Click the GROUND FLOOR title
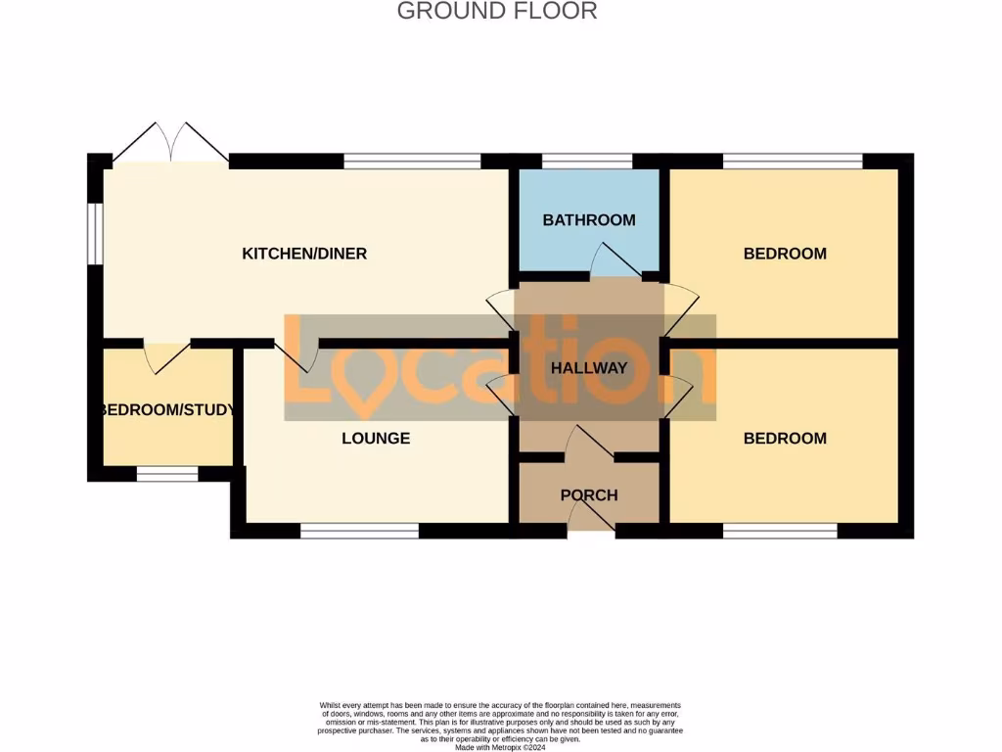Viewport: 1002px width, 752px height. (496, 12)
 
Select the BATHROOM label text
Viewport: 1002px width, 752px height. (589, 220)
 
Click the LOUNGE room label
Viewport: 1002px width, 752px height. (376, 438)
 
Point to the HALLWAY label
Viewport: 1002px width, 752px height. (588, 368)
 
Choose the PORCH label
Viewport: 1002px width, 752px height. (589, 495)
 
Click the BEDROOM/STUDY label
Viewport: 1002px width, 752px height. (168, 409)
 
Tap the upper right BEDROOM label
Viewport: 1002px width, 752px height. (785, 254)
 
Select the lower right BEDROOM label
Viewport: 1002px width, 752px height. (785, 438)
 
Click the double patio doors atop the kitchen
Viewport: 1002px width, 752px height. (171, 145)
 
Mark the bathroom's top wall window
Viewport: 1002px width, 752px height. (587, 161)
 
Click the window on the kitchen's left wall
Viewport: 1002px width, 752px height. (94, 233)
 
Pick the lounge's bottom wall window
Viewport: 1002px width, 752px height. (359, 531)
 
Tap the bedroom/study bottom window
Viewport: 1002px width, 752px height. (166, 474)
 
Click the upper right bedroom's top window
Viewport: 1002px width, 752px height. (793, 161)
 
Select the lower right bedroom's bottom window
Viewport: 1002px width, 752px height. (780, 531)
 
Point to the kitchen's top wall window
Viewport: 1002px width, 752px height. (412, 161)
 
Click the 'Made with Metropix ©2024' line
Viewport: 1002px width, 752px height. (500, 746)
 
